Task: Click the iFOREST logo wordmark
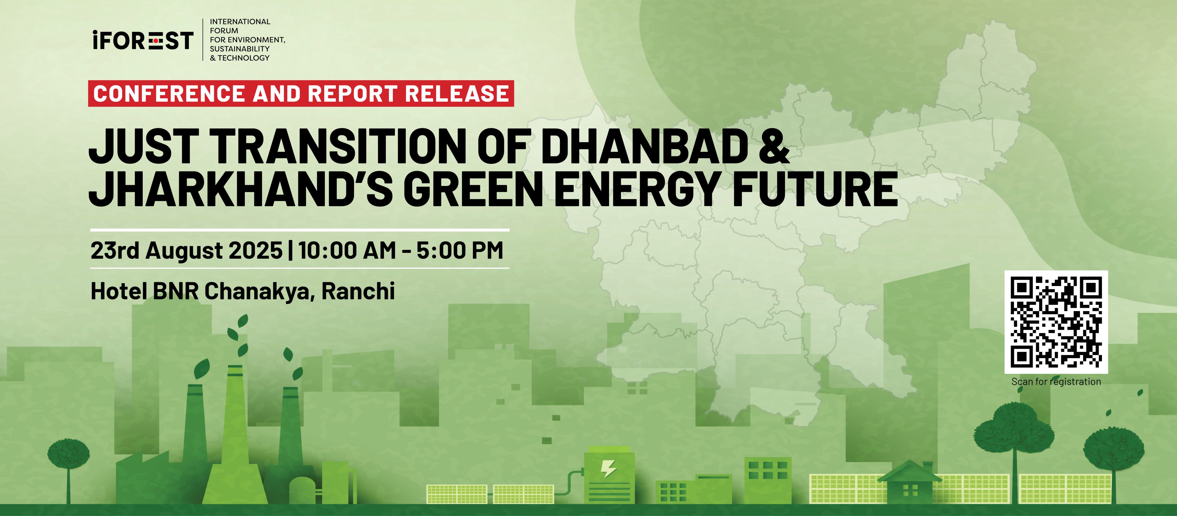click(x=142, y=40)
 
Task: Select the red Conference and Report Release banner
click(x=301, y=93)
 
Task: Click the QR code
click(x=1056, y=322)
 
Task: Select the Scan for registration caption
click(x=1056, y=382)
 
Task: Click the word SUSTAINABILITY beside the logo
click(x=240, y=49)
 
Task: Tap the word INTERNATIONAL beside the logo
click(x=240, y=21)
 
